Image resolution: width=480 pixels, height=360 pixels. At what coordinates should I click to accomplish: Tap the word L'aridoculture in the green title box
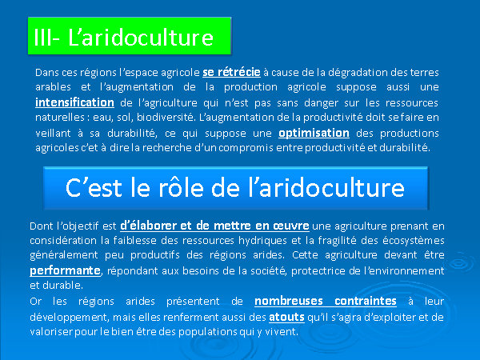141,38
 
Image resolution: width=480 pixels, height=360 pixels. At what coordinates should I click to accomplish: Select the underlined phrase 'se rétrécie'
231,72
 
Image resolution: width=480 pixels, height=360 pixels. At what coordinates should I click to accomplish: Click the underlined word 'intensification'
74,102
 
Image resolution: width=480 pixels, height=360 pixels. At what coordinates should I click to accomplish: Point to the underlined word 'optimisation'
314,133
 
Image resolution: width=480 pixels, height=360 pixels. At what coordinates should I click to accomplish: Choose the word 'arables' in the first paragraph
53,87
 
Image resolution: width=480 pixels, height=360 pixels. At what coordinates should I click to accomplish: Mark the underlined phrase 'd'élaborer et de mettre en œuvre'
214,226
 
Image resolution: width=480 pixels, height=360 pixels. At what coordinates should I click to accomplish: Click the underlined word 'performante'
65,270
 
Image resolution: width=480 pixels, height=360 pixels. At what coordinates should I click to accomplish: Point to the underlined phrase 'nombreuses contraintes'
326,302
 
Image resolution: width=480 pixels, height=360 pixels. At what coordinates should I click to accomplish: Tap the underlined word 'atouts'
286,317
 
